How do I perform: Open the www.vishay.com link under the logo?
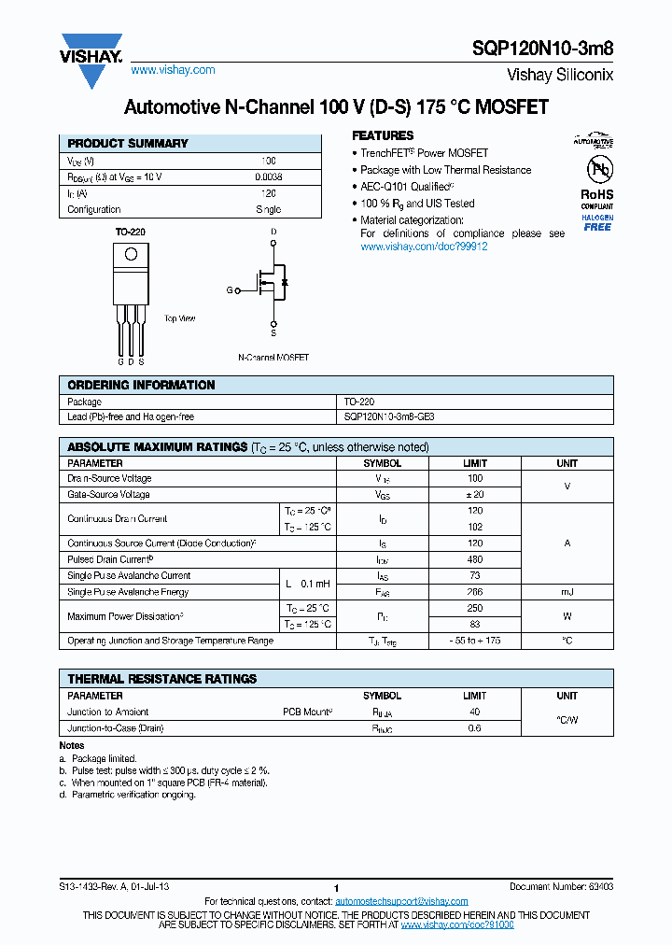pos(173,70)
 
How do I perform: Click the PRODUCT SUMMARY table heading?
pos(128,144)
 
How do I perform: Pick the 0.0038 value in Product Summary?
pos(269,176)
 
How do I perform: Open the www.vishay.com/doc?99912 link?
pos(424,247)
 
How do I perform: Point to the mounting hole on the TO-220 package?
pos(132,254)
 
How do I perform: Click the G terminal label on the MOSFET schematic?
pos(229,290)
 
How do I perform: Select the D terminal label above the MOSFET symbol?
pos(273,231)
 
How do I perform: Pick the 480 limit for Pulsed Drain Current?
pos(474,559)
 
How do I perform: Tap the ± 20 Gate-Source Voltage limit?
pos(474,494)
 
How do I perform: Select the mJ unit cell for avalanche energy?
pos(567,592)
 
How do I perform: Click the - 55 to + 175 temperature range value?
pos(474,641)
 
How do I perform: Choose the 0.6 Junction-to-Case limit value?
pos(474,728)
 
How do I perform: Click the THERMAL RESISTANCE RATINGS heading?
pos(162,679)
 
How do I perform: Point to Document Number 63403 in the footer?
pos(561,885)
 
